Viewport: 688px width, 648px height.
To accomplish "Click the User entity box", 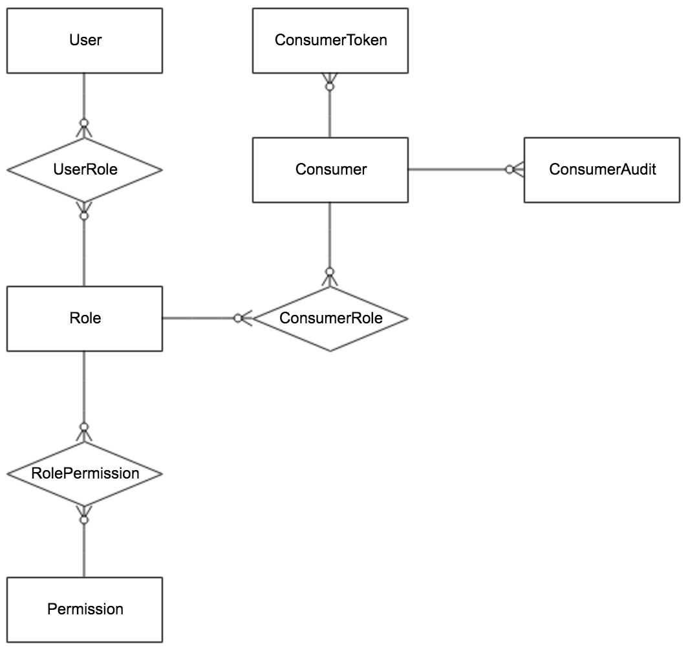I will pos(84,40).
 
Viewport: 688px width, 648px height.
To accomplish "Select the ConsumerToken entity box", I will pos(330,40).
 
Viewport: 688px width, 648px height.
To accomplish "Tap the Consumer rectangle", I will pos(330,169).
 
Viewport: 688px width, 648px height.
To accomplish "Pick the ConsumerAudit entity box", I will pos(601,169).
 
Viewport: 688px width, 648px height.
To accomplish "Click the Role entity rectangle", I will pos(84,318).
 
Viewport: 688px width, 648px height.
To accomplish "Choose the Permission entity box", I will pos(84,609).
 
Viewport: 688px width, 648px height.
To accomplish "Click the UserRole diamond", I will pos(84,169).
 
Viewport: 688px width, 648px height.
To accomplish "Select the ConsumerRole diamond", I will pos(330,318).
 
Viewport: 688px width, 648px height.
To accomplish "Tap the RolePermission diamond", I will pos(84,473).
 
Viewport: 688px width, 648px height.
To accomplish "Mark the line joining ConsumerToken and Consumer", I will pos(330,113).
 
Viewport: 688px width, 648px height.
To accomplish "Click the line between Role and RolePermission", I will pos(83,388).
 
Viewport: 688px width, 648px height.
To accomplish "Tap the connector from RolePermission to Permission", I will pos(83,550).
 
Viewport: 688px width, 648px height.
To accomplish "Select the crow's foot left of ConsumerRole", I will pos(244,318).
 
